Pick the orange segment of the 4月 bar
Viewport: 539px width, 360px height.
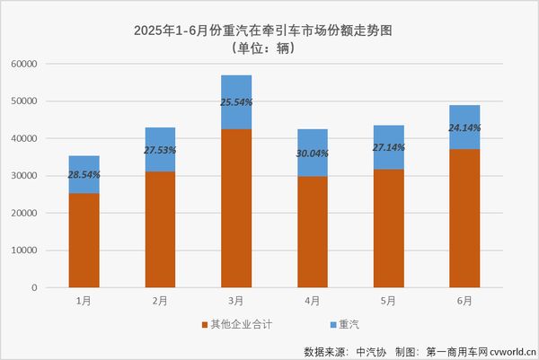(313, 232)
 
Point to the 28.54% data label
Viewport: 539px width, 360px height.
(84, 175)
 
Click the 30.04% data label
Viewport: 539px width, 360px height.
(313, 153)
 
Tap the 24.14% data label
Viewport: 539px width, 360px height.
(464, 127)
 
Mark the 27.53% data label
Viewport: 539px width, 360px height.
(161, 150)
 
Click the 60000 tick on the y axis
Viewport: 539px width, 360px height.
(46, 65)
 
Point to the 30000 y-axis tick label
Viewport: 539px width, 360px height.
(46, 176)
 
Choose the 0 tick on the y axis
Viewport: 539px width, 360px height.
(57, 288)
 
